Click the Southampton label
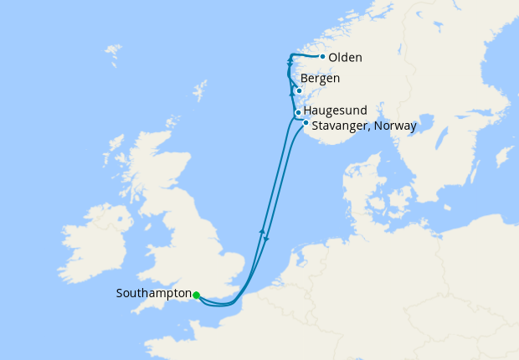click(x=153, y=294)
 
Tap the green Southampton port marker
click(x=196, y=295)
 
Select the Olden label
click(x=346, y=57)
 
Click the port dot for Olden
click(x=322, y=57)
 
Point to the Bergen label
click(x=320, y=78)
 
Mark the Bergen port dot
click(x=299, y=91)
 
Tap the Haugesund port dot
click(x=298, y=112)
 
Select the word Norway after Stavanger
click(x=397, y=126)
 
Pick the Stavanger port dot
click(x=306, y=123)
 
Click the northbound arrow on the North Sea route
click(x=262, y=230)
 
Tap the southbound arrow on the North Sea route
click(x=266, y=240)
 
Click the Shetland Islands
click(x=200, y=89)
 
